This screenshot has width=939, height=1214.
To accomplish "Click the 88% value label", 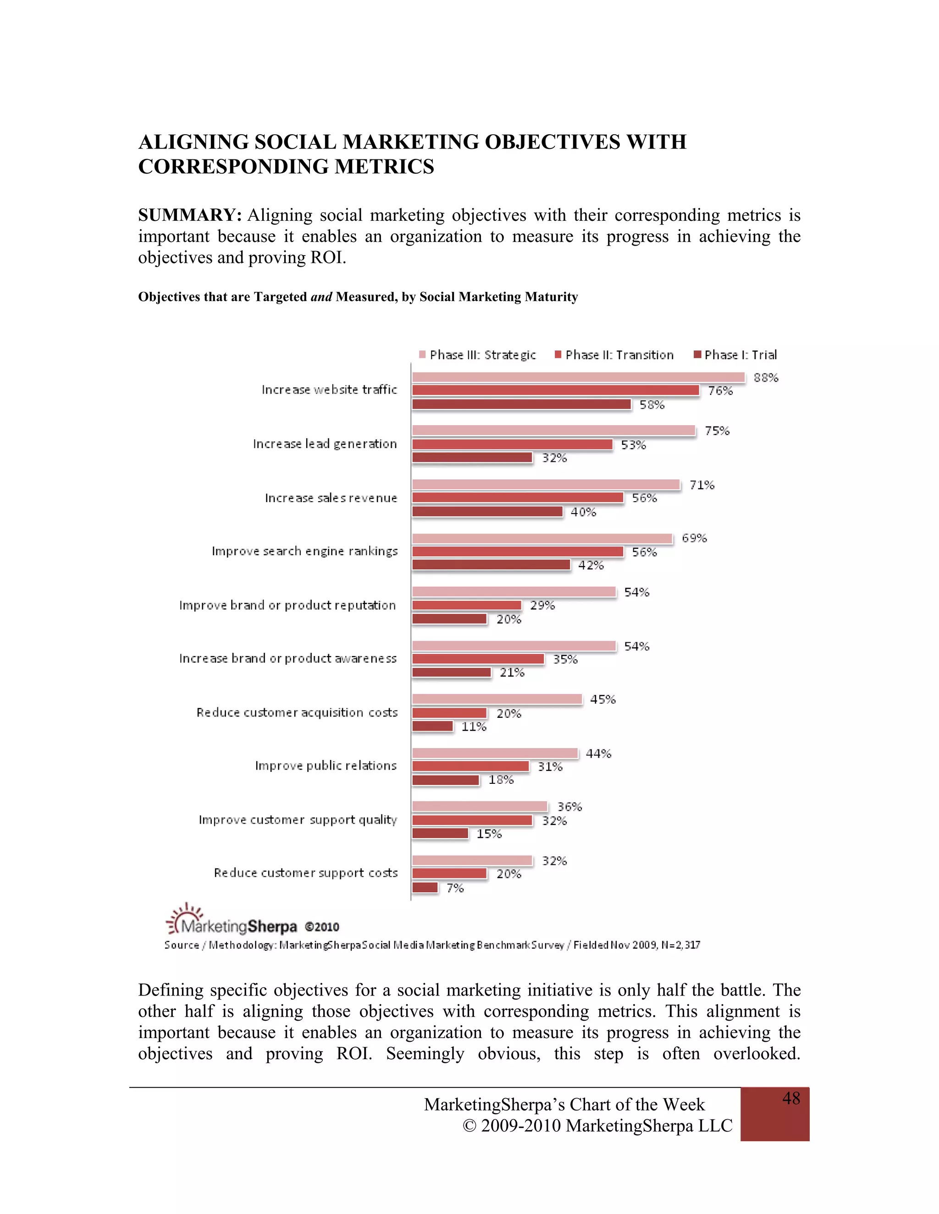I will click(x=765, y=378).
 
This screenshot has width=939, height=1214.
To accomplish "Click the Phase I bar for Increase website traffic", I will click(x=521, y=404).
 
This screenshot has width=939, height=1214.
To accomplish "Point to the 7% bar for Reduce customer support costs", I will click(x=425, y=888).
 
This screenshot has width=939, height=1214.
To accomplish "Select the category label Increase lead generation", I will click(x=325, y=443).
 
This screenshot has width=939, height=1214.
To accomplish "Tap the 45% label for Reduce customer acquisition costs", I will click(x=602, y=699).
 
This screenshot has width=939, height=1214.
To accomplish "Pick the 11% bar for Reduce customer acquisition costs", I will click(x=432, y=726).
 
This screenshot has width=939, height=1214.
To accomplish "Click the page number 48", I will click(x=790, y=1099).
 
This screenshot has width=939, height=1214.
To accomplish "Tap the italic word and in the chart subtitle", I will click(x=321, y=297).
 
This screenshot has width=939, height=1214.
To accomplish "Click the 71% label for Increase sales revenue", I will click(x=701, y=485).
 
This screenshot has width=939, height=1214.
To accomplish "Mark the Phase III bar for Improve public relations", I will click(x=495, y=753).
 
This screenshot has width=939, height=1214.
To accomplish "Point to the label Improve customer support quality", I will click(x=298, y=820).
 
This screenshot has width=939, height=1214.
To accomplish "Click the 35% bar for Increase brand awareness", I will click(x=478, y=659).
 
